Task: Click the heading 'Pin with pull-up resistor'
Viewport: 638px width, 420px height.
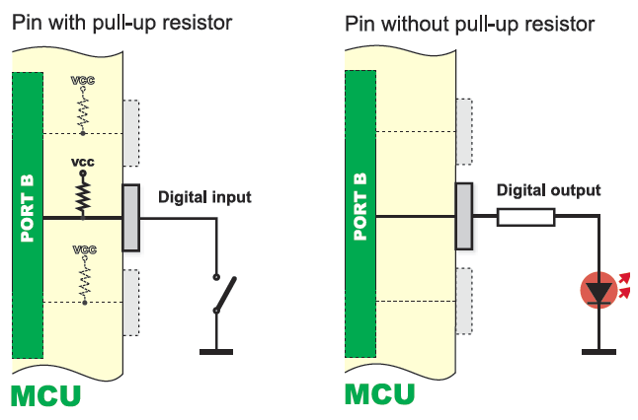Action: pos(122,22)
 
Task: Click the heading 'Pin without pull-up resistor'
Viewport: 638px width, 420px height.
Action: pos(469,22)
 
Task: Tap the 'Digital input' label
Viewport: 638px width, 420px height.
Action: pos(204,197)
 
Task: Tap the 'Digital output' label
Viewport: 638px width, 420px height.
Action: pos(548,190)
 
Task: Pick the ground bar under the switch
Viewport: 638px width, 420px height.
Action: pos(215,350)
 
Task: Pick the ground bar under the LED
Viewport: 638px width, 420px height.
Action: pos(598,350)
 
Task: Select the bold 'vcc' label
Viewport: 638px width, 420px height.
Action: pos(83,160)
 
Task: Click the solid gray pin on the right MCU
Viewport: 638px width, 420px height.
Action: pos(463,217)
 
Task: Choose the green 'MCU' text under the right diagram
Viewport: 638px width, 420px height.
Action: pos(379,394)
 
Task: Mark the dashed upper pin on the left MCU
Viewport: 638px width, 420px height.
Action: pos(131,131)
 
